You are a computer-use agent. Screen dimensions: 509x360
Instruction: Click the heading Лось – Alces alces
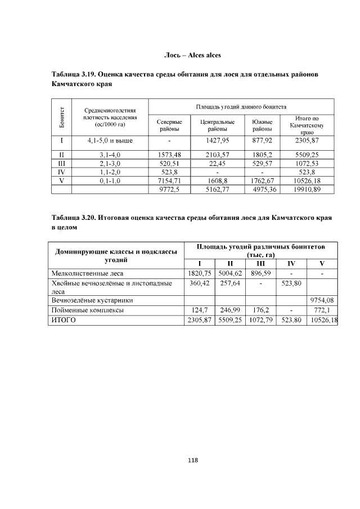coord(192,55)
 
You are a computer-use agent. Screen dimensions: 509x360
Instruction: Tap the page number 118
coord(192,460)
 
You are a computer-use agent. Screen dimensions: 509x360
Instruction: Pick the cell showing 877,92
coord(262,141)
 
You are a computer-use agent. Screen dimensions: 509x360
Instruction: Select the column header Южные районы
coord(262,125)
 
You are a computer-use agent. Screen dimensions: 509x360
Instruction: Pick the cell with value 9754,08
coord(322,300)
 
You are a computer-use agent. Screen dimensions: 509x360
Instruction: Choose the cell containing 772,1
coord(322,310)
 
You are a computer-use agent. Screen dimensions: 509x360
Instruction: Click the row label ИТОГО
coord(63,319)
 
